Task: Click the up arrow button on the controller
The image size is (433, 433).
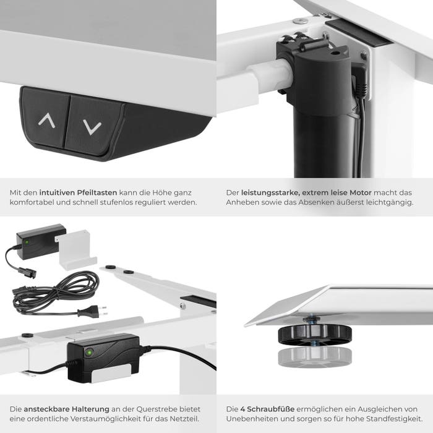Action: coord(46,118)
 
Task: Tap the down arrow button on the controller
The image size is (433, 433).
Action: coord(93,125)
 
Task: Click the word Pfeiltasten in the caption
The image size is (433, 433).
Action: coord(96,192)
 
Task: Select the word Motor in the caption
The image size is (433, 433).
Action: coord(361,192)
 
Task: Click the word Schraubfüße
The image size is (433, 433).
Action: coord(271,409)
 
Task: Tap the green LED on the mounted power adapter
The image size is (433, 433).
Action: coord(89,353)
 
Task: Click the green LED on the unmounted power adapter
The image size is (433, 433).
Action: coord(27,242)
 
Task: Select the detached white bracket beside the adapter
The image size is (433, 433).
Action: coord(75,250)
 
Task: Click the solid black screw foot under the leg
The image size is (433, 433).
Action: coord(315,335)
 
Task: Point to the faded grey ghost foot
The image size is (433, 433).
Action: coord(315,358)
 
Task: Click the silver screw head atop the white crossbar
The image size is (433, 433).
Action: coord(300,20)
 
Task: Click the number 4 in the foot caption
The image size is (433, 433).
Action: coord(242,409)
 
